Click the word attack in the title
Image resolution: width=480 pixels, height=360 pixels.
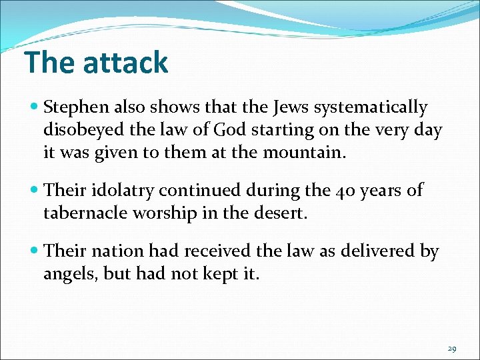125,63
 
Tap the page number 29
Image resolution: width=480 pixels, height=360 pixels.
452,349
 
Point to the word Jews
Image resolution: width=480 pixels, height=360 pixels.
287,107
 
